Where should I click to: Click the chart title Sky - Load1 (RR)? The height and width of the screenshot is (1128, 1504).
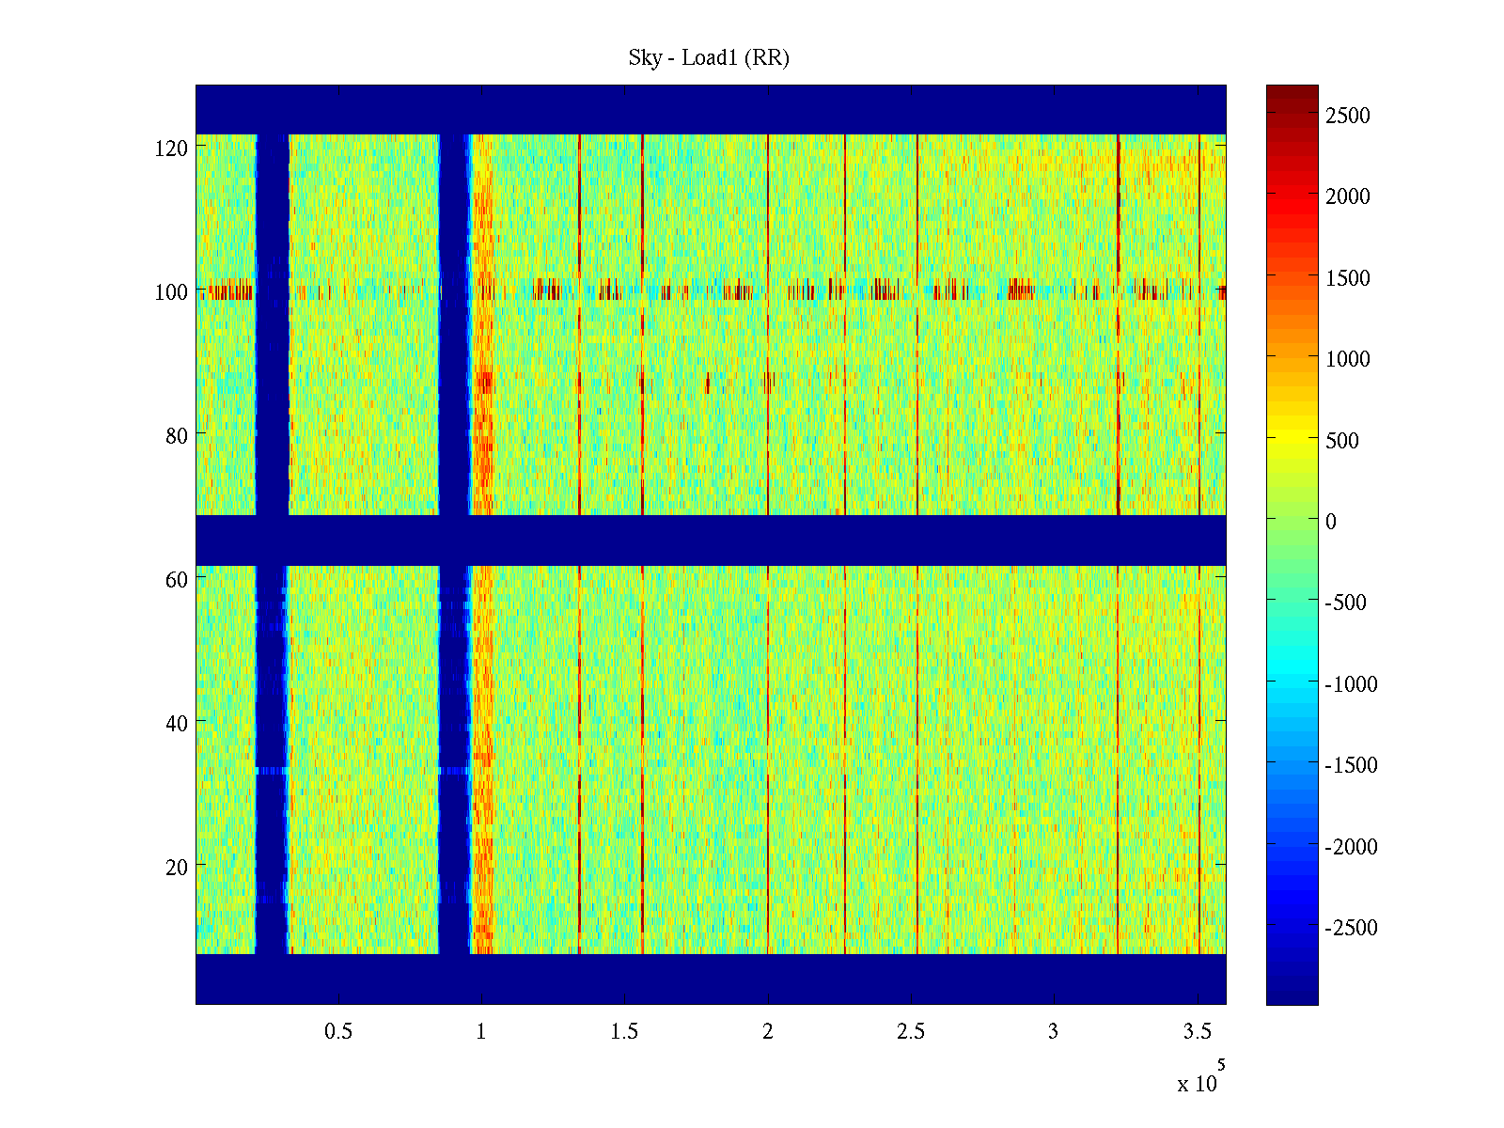click(x=709, y=58)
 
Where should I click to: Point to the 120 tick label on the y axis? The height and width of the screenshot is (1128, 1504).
click(x=171, y=149)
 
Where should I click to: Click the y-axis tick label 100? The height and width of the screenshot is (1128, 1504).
click(x=171, y=292)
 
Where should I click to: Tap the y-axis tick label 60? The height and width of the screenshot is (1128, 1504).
click(x=176, y=580)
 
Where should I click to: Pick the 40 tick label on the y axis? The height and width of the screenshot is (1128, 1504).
click(x=176, y=723)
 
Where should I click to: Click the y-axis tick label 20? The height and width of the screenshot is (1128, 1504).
click(x=176, y=867)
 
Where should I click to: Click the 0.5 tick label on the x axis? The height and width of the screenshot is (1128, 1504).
click(x=338, y=1032)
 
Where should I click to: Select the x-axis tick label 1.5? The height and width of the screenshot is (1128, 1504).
click(x=624, y=1032)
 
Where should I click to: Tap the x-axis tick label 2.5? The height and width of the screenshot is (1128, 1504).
click(x=911, y=1032)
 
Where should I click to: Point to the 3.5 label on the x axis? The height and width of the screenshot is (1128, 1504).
click(x=1198, y=1032)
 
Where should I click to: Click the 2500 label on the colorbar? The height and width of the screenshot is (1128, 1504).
click(x=1348, y=116)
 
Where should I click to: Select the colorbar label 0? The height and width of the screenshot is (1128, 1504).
click(x=1330, y=522)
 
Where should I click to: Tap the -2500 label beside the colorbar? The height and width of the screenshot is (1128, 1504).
click(x=1351, y=928)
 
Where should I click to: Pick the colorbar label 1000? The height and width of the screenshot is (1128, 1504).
click(x=1348, y=359)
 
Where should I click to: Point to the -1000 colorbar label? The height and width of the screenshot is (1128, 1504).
click(x=1351, y=684)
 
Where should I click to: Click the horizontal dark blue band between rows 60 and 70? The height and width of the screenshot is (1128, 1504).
click(x=711, y=540)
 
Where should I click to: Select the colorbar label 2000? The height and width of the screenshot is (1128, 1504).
click(x=1348, y=196)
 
